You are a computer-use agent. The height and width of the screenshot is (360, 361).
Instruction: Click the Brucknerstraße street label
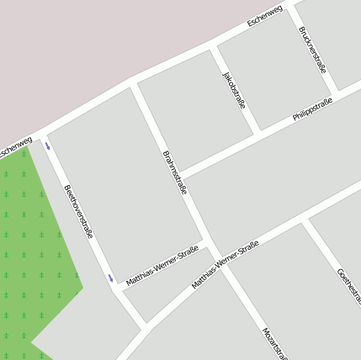tap(312, 50)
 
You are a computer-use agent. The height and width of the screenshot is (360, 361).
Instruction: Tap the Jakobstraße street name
tap(234, 90)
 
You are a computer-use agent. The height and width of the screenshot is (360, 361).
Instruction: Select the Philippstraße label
tap(312, 110)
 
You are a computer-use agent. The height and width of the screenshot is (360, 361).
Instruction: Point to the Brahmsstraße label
tap(173, 172)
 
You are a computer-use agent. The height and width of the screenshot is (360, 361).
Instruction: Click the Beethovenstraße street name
tap(78, 211)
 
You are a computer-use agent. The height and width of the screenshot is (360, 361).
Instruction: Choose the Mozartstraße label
tap(274, 342)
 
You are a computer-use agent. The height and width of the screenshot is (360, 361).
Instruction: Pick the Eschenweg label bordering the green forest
tap(14, 148)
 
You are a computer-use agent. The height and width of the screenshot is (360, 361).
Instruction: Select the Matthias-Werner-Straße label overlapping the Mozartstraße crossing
tap(225, 264)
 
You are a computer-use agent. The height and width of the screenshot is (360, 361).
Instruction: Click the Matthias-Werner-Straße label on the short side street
tap(162, 266)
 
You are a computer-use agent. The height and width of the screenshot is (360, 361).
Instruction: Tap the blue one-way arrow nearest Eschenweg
tap(48, 146)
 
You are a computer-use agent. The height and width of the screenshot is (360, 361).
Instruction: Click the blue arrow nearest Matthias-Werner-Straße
tap(110, 278)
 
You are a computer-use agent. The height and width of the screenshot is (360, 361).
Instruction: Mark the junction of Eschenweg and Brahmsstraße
tap(133, 83)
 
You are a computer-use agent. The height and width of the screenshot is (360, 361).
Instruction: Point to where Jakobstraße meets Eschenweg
tap(213, 45)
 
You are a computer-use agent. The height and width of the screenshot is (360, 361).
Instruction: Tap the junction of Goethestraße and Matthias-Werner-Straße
tap(305, 220)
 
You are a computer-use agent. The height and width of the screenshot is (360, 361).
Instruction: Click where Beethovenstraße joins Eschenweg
tap(40, 134)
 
